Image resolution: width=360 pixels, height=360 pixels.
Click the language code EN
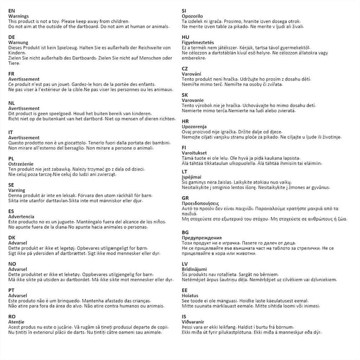click(12, 10)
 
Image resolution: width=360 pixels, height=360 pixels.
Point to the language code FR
click(12, 74)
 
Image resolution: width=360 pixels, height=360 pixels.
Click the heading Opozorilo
click(194, 15)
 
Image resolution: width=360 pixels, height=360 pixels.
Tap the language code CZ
click(185, 68)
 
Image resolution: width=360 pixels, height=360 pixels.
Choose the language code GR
click(186, 197)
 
